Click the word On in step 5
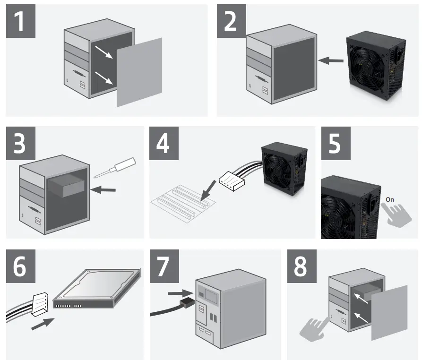coord(389,199)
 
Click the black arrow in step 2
coord(330,60)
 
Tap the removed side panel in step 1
coord(139,71)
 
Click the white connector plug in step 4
coord(233,181)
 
